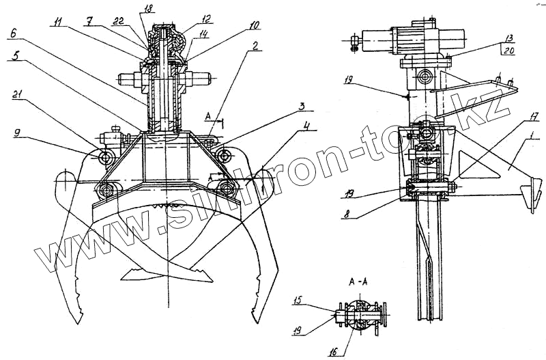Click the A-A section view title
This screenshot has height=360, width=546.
click(x=359, y=281)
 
